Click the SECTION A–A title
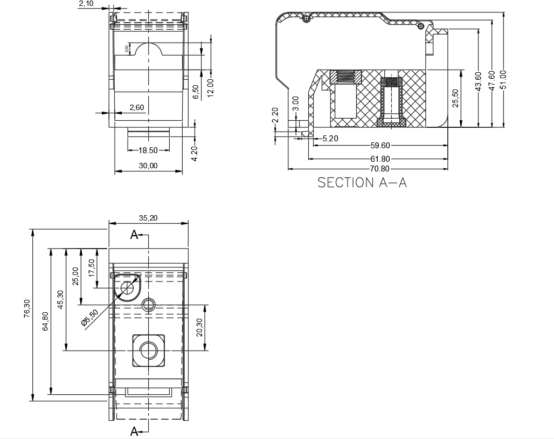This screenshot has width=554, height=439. (362, 182)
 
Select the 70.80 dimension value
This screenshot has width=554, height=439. (380, 169)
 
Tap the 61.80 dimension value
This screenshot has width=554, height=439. (380, 159)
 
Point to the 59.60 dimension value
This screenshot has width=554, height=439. (380, 145)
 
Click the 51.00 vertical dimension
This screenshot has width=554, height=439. (503, 79)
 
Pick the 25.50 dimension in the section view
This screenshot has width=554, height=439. (455, 98)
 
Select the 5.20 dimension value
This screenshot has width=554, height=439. (330, 139)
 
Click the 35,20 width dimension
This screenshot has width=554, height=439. (148, 218)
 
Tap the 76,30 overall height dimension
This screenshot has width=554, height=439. (27, 308)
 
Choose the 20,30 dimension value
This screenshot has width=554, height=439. (199, 327)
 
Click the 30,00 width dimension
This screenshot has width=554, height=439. (148, 166)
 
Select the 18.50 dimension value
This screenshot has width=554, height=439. (148, 150)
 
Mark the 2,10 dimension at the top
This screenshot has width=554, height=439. (86, 4)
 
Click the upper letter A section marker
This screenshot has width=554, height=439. (134, 235)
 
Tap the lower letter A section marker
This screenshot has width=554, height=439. (134, 431)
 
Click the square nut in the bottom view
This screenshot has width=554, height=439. (149, 350)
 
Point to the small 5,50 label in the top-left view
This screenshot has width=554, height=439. (127, 49)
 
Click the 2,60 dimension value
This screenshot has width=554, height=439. (137, 107)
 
